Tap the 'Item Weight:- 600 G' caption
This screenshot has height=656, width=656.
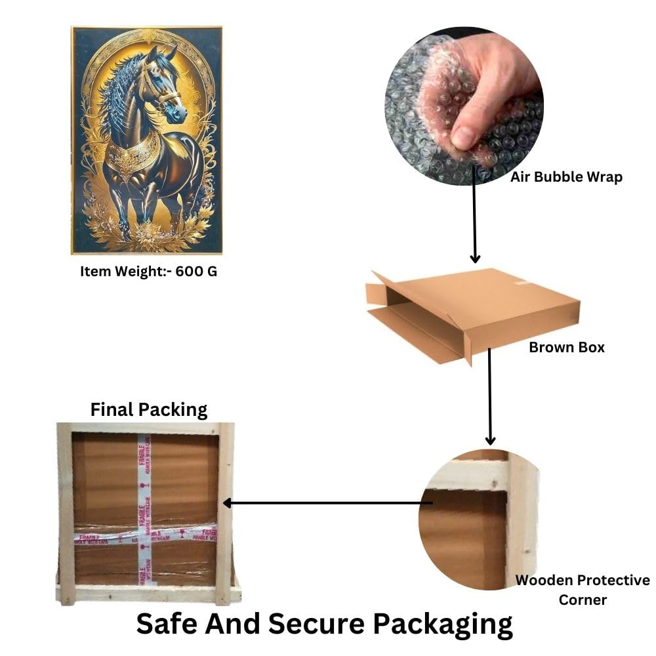pos(148,271)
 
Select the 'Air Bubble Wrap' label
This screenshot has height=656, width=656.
pos(566,176)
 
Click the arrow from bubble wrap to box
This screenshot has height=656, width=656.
pos(475,223)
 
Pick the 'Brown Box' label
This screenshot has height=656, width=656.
pos(567,347)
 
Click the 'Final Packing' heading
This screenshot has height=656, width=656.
pos(149,410)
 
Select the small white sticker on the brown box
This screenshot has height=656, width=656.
pos(522,283)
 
